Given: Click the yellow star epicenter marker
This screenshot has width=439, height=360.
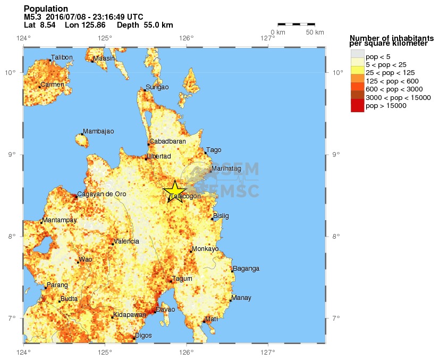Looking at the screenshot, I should pyautogui.click(x=174, y=191).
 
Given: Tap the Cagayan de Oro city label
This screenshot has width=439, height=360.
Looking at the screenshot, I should pyautogui.click(x=102, y=194).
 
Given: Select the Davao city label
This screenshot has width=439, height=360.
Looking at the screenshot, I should pyautogui.click(x=165, y=309).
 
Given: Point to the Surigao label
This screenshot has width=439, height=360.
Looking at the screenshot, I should pyautogui.click(x=157, y=87).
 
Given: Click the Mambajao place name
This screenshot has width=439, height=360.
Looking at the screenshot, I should pyautogui.click(x=98, y=131).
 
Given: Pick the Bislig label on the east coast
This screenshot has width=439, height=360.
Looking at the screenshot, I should pyautogui.click(x=221, y=216).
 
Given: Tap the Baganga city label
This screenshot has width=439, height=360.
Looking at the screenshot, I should pyautogui.click(x=246, y=269).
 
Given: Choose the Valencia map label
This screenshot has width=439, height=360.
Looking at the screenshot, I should pyautogui.click(x=126, y=241).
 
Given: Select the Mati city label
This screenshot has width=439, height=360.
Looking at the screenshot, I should pyautogui.click(x=212, y=319).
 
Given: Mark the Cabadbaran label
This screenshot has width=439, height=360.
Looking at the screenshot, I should pyautogui.click(x=167, y=141).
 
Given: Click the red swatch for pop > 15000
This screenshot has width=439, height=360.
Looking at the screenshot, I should pyautogui.click(x=357, y=106).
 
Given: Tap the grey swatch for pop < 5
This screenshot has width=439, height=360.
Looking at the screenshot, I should pyautogui.click(x=357, y=55).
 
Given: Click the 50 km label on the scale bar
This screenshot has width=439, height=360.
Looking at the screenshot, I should pyautogui.click(x=315, y=32).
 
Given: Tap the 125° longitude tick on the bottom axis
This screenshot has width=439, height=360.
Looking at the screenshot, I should pyautogui.click(x=105, y=352).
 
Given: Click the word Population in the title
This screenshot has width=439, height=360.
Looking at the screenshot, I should pyautogui.click(x=46, y=9).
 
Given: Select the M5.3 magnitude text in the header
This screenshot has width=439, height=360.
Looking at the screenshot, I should pyautogui.click(x=33, y=17).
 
